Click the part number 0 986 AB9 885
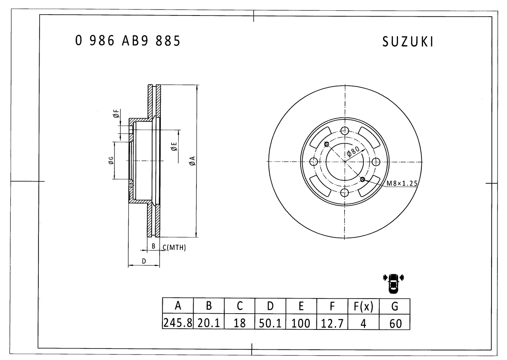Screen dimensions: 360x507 [x=128, y=41]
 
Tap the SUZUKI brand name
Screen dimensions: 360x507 [x=408, y=42]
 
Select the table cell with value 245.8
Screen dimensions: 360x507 [x=178, y=323]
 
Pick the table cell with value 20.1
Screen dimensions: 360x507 [x=209, y=323]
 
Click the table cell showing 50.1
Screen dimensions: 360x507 [x=270, y=323]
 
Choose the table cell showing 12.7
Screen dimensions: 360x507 [x=332, y=323]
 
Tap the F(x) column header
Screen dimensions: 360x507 [x=363, y=306]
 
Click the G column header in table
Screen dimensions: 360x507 [x=395, y=306]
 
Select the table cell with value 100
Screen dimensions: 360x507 [x=301, y=323]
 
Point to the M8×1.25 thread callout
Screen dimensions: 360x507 [x=402, y=183]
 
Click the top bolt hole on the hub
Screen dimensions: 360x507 [x=345, y=131]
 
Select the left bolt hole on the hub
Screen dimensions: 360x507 [x=314, y=162]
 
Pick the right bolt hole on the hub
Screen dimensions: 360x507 [x=375, y=162]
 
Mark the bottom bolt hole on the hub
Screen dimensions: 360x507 [x=345, y=193]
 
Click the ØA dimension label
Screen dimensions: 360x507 [x=192, y=161]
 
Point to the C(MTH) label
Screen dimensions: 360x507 [x=174, y=247]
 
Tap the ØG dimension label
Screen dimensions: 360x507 [x=111, y=161]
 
